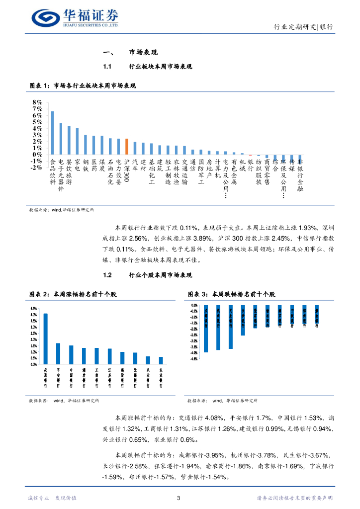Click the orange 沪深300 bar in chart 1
127,147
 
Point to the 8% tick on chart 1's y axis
37,102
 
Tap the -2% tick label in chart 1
36,168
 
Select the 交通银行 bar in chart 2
46,339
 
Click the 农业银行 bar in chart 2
161,360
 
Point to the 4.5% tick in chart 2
33,308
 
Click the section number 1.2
109,275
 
